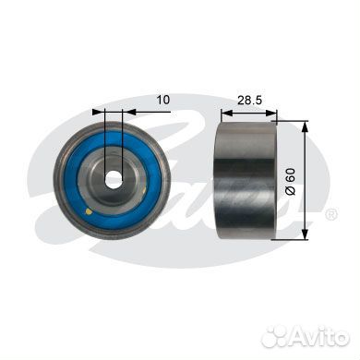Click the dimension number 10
point(163,100)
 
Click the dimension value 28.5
point(249,100)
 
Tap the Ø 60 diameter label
point(290,182)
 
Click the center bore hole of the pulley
point(114,179)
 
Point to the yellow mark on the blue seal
point(89,211)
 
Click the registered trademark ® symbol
point(331,214)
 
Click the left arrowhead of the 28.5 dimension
point(227,113)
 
